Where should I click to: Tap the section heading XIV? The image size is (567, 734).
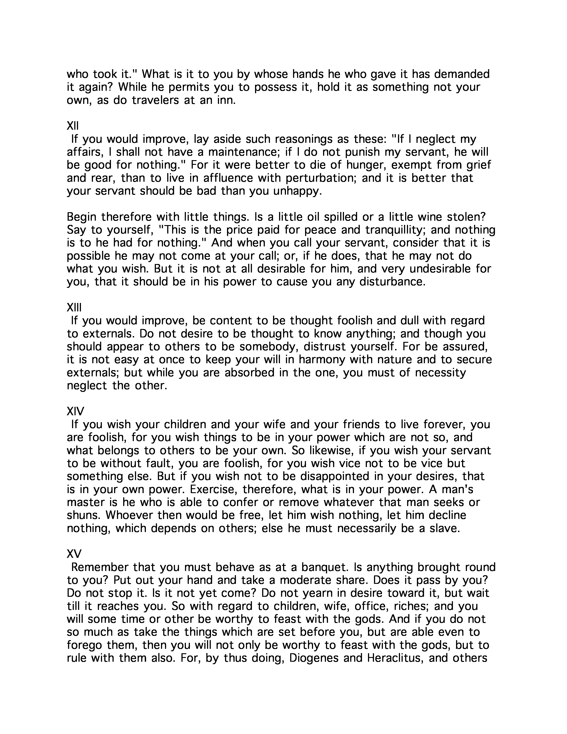(x=75, y=411)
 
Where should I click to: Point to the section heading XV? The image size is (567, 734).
(x=74, y=554)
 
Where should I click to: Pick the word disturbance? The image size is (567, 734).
(x=392, y=282)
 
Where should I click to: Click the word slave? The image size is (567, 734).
(x=444, y=528)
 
